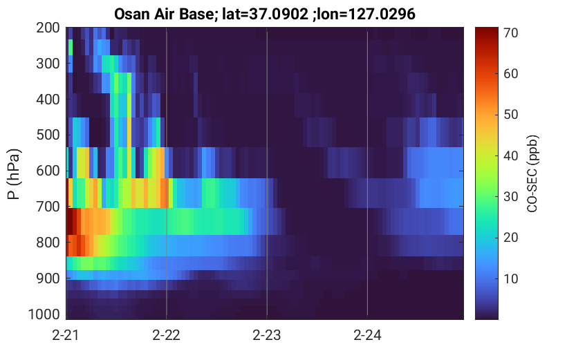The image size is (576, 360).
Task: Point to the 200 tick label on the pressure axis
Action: coord(48,28)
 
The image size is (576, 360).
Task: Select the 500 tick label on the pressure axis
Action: coord(48,135)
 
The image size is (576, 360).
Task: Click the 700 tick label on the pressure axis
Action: coord(48,207)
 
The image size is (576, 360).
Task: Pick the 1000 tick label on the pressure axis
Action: coord(44,314)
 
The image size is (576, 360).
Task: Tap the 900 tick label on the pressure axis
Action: coord(48,278)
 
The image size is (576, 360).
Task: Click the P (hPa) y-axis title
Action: coord(14,174)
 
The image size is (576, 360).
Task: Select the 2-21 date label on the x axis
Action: coord(66,335)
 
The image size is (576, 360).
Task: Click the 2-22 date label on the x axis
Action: coord(166,335)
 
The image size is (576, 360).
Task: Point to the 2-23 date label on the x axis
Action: coord(267,335)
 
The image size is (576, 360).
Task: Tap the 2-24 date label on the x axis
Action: coord(367,335)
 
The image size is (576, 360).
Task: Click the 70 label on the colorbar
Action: coord(510,32)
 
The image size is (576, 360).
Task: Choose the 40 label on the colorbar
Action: coord(510,155)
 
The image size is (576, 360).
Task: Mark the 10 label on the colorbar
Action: coord(510,278)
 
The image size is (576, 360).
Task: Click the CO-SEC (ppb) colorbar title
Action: coord(532,173)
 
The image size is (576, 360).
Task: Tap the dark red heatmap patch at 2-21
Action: coord(71,221)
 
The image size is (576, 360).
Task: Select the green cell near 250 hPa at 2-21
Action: coord(70,48)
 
